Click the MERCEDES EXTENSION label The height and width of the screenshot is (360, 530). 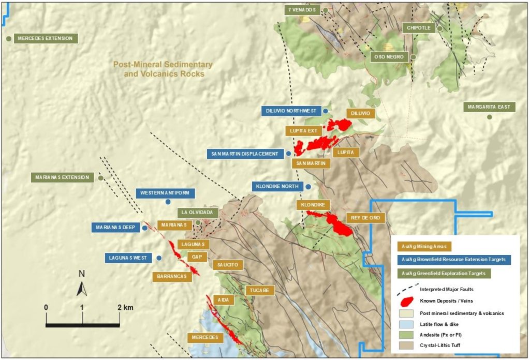(45, 38)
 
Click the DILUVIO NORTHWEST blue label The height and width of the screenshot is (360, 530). (290, 111)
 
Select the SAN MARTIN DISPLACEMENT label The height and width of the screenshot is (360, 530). (245, 154)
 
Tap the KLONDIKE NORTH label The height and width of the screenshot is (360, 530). (278, 186)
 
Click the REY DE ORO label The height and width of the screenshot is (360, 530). (365, 218)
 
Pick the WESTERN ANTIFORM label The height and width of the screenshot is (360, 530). (166, 193)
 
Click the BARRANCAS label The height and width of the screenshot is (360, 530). (172, 277)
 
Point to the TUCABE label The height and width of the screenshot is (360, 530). (260, 290)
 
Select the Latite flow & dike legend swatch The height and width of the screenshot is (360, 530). (406, 324)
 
